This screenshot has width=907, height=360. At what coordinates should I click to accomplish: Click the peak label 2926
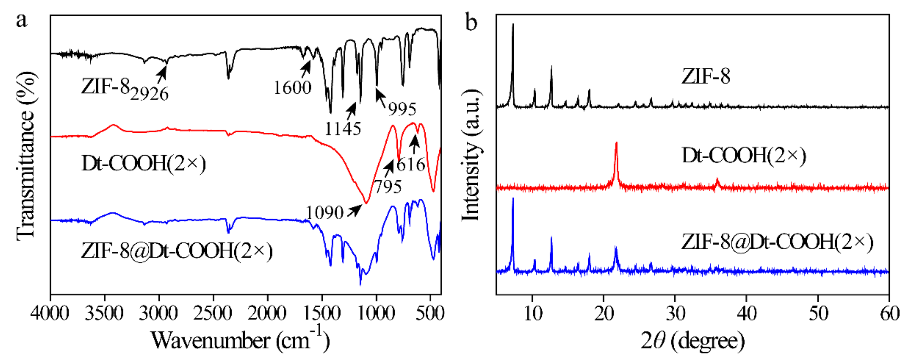tap(149, 94)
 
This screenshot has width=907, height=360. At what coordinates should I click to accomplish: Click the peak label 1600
tap(293, 87)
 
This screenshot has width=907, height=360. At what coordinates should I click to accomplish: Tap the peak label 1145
tap(342, 129)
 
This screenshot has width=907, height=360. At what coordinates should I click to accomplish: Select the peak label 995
tap(402, 109)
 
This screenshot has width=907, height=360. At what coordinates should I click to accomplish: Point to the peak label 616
tap(411, 164)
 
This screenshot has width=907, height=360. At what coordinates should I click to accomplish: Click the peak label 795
tap(388, 187)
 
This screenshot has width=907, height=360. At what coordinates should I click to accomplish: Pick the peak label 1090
tap(324, 213)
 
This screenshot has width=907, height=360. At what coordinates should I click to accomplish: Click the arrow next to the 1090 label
tap(354, 210)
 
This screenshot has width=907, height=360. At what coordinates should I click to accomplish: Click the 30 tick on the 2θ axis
tap(675, 313)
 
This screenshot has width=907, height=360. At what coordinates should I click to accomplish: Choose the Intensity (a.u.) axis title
tap(471, 155)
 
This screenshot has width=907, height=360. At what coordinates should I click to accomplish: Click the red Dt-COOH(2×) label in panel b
tap(744, 156)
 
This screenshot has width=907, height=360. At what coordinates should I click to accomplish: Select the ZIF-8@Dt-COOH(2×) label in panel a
tap(177, 251)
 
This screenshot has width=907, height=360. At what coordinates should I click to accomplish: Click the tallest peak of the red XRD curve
tap(617, 143)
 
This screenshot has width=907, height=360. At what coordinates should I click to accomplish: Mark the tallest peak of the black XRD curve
tap(513, 25)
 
